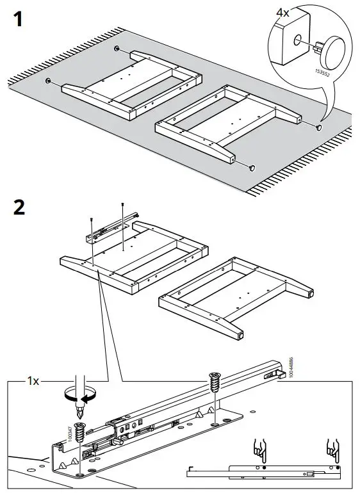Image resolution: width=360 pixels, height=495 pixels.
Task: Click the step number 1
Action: coord(20,20)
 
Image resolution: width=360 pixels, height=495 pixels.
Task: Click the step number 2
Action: coord(20,208)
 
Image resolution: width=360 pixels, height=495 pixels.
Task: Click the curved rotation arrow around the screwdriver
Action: coord(80,394)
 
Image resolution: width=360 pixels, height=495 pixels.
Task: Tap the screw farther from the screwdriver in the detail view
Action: coord(213,387)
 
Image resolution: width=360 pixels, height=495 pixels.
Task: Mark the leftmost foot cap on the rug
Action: coord(48,81)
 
